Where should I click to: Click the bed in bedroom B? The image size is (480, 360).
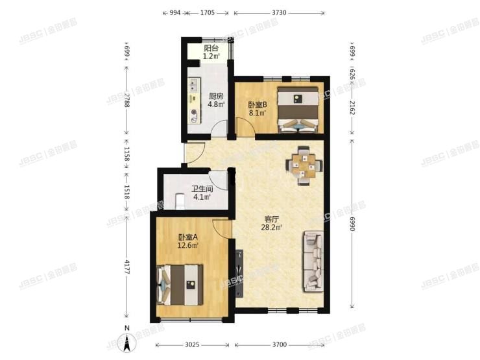pos(298,109)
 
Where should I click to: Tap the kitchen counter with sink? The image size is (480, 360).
pos(193,101)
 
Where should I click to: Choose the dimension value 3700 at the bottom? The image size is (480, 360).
pos(280,346)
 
